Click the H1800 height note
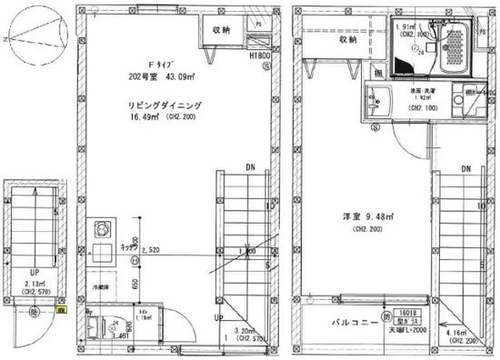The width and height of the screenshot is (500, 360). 262,55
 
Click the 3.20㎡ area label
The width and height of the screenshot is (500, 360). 246,333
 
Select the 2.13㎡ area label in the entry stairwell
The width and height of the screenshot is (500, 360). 30,283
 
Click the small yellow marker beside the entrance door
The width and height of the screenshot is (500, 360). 61,310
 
